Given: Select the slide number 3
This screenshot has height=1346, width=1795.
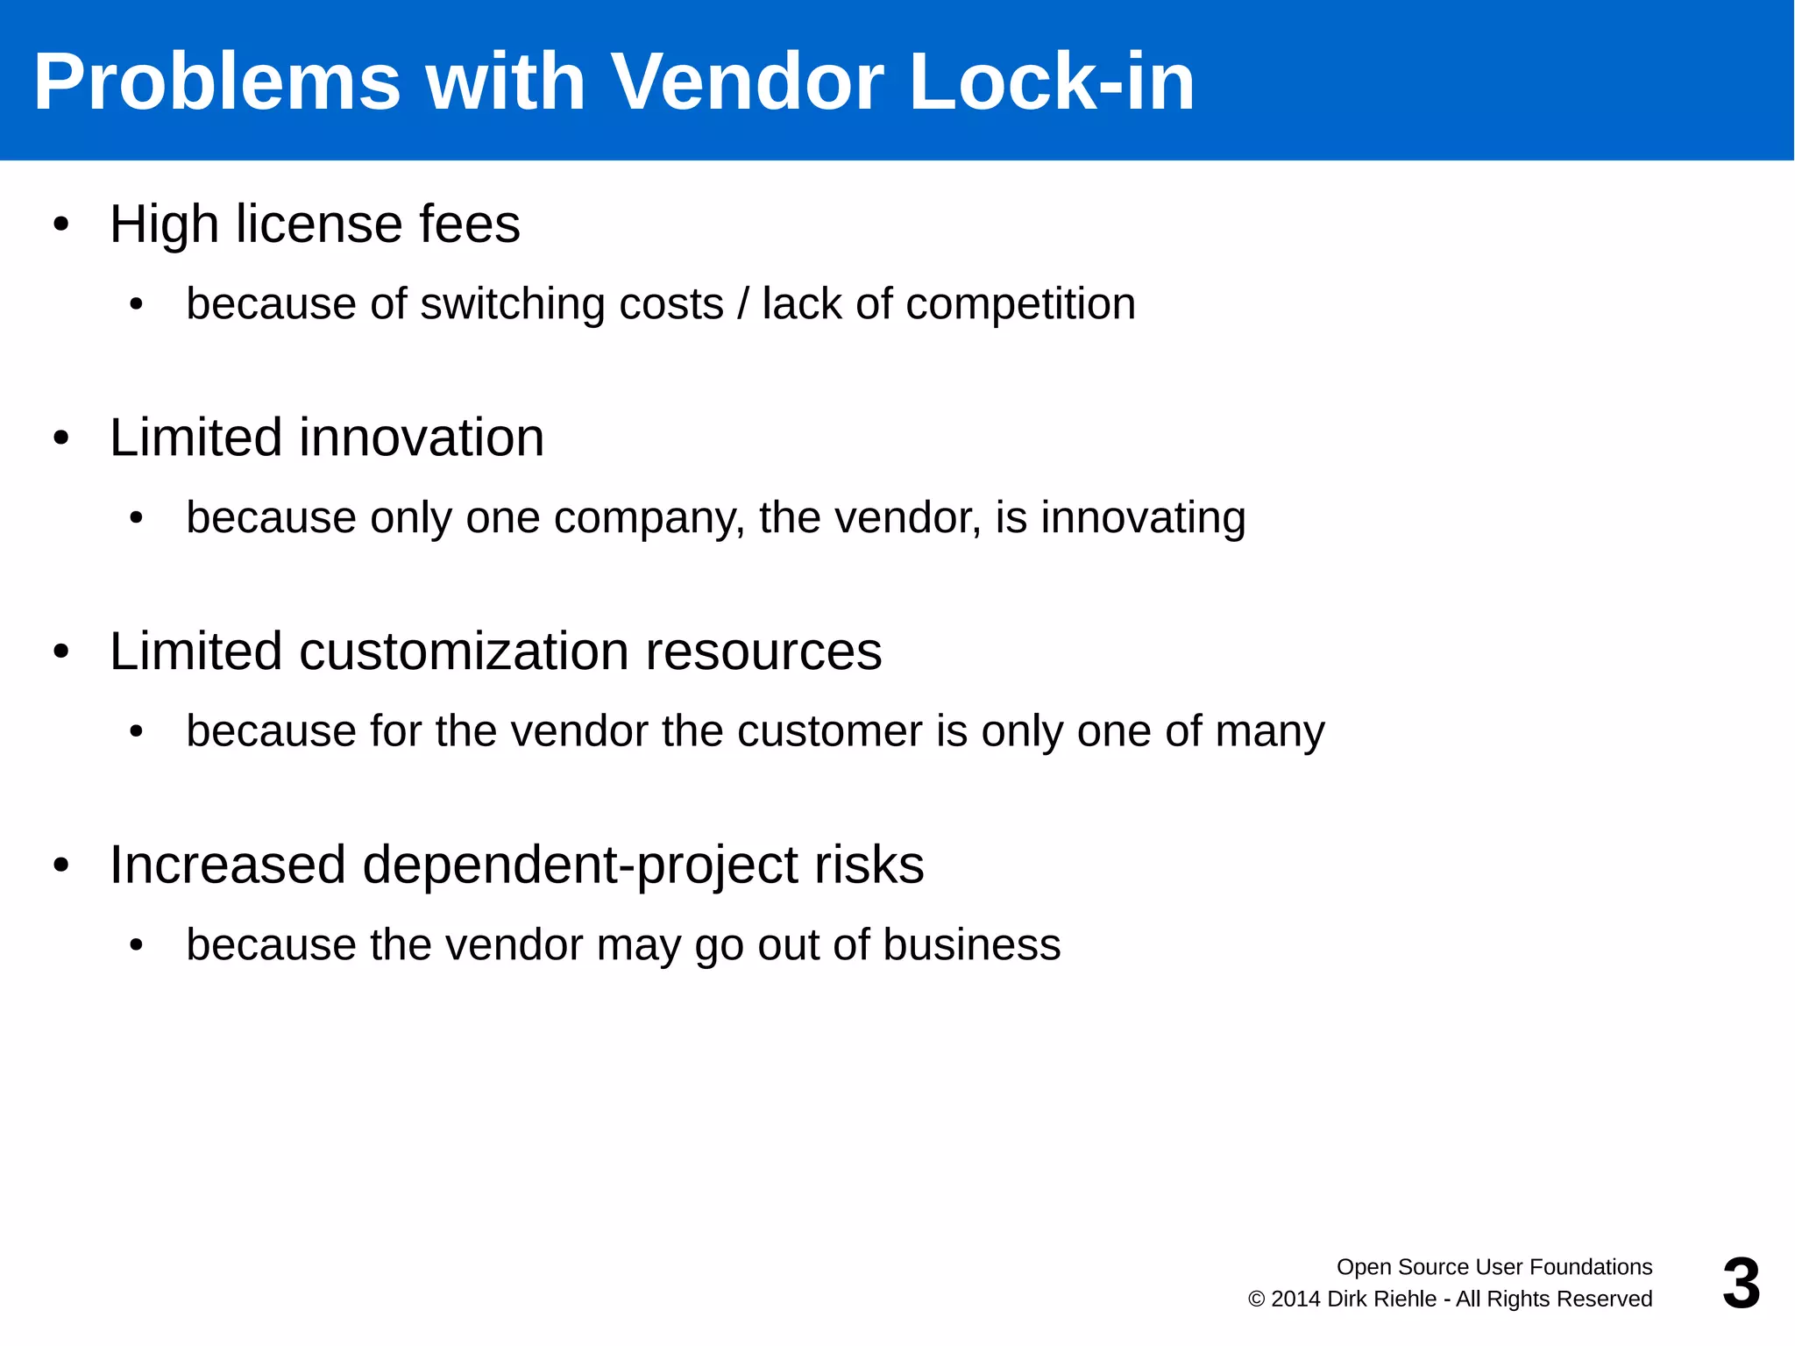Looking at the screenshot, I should pos(1741,1284).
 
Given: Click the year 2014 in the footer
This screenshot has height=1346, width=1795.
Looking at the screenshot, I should pos(1295,1300).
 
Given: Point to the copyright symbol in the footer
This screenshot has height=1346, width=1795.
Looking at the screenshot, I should pos(1257,1300).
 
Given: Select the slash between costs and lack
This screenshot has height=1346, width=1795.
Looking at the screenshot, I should pos(743,304).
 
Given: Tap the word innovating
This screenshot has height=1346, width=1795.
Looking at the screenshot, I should pos(1143,517).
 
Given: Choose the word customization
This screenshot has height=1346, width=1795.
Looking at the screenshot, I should pos(464,652).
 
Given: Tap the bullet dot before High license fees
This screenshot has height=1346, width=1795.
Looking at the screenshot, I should pos(60,224).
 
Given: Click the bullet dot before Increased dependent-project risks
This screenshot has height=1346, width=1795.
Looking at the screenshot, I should pos(60,865).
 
